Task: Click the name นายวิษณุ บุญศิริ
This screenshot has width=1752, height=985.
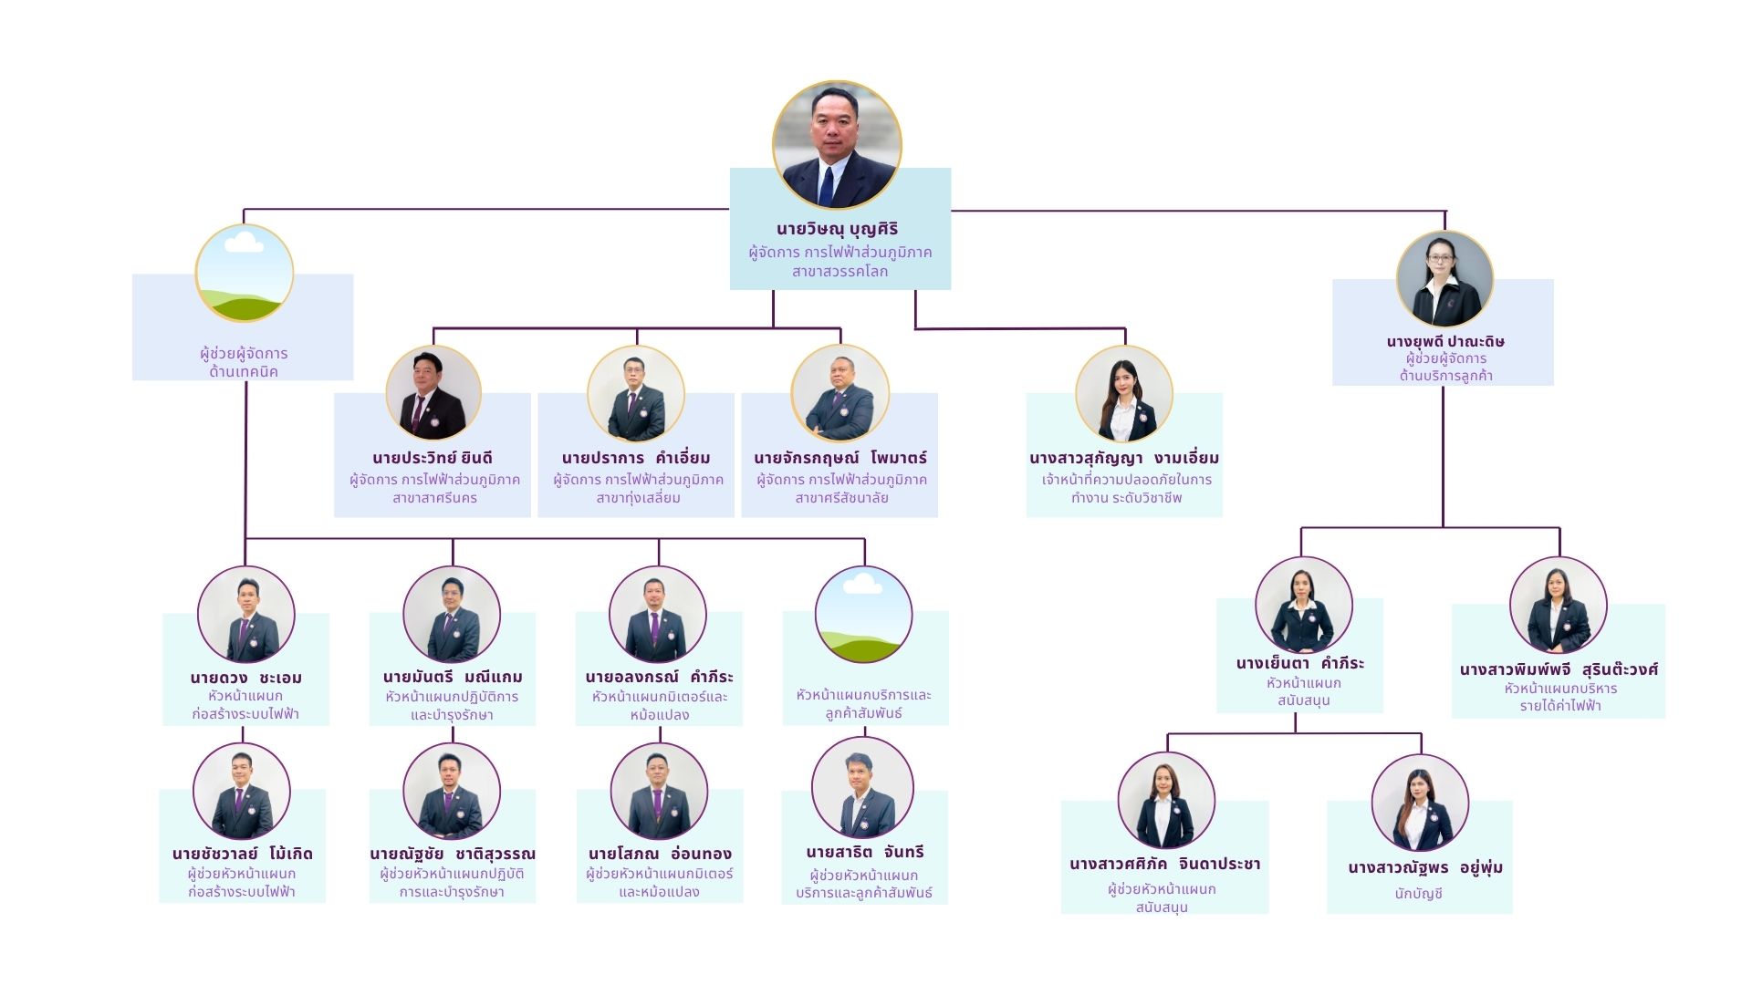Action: point(838,230)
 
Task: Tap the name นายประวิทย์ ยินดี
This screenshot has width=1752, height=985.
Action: point(433,458)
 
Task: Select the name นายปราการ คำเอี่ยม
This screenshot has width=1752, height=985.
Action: point(636,458)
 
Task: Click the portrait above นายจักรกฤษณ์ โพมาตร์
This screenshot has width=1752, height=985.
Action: point(839,393)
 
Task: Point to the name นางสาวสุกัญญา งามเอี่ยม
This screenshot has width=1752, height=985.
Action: point(1124,458)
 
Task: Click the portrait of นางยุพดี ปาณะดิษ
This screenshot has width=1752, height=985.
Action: point(1444,279)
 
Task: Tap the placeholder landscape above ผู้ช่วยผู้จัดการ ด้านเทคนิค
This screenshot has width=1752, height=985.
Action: point(245,273)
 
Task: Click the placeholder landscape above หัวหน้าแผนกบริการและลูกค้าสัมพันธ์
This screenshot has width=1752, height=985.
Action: point(863,614)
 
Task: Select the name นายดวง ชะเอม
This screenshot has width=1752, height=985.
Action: point(246,678)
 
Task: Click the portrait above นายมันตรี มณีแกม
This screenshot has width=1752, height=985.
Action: point(452,614)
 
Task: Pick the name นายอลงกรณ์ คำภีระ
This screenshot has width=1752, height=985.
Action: point(659,677)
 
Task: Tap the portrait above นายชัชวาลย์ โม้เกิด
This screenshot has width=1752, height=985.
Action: point(242,791)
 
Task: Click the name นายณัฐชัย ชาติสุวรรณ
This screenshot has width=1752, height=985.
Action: point(453,855)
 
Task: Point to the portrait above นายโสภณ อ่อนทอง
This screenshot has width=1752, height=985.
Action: point(659,791)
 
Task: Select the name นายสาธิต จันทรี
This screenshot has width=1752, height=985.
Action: point(865,852)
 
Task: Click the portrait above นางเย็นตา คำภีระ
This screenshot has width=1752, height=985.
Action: point(1303,606)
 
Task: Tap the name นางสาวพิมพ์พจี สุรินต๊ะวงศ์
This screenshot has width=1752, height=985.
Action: point(1559,669)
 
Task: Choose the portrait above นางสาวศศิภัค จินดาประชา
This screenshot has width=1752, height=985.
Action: point(1166,800)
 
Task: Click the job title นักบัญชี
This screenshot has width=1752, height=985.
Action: point(1419,894)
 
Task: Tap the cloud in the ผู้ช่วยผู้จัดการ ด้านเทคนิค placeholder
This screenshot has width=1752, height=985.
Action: point(244,242)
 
